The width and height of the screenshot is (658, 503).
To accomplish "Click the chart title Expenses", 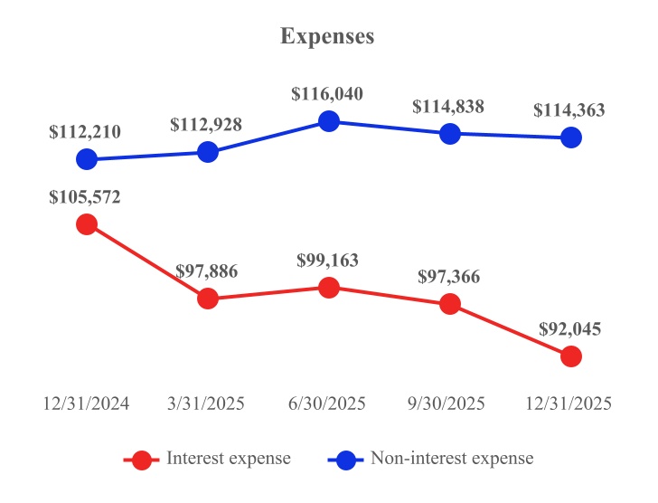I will pyautogui.click(x=327, y=37).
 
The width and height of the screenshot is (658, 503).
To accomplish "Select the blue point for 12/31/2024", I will pyautogui.click(x=87, y=159).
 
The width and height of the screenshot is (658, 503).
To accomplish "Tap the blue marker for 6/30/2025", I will pyautogui.click(x=329, y=121).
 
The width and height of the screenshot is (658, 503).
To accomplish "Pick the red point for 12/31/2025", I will pyautogui.click(x=570, y=356).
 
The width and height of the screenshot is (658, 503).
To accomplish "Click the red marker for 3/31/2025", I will pyautogui.click(x=208, y=299).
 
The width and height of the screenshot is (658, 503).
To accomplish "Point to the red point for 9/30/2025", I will pyautogui.click(x=449, y=305).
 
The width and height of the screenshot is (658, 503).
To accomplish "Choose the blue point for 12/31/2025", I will pyautogui.click(x=570, y=138).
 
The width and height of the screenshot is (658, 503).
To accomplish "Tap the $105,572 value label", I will pyautogui.click(x=85, y=197).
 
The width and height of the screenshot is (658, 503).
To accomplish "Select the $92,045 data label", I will pyautogui.click(x=569, y=329).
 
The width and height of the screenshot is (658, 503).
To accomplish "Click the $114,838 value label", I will pyautogui.click(x=448, y=107).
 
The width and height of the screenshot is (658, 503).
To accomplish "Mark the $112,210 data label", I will pyautogui.click(x=85, y=132).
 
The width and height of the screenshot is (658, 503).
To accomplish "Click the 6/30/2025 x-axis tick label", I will pyautogui.click(x=329, y=403).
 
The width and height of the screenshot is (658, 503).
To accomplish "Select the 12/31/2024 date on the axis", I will pyautogui.click(x=87, y=403).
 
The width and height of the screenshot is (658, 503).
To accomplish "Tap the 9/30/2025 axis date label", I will pyautogui.click(x=449, y=403).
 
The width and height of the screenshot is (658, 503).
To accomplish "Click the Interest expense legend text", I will pyautogui.click(x=228, y=459).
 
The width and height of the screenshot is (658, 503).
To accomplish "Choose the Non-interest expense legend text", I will pyautogui.click(x=452, y=459).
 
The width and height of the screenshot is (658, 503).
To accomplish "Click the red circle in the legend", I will pyautogui.click(x=141, y=460).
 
